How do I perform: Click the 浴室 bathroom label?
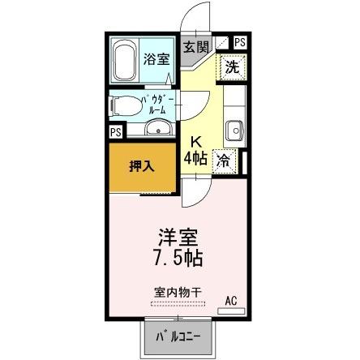tap(157, 58)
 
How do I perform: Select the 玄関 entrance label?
tap(195, 47)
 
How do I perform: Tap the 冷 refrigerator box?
tap(223, 161)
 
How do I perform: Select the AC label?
tap(231, 302)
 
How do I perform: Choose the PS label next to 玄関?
tap(241, 42)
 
